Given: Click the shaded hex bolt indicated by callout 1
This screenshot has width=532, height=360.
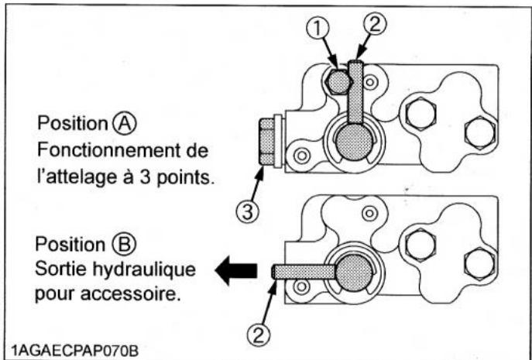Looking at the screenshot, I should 338,81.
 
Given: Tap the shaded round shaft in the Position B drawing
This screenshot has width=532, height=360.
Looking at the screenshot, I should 352,271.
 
